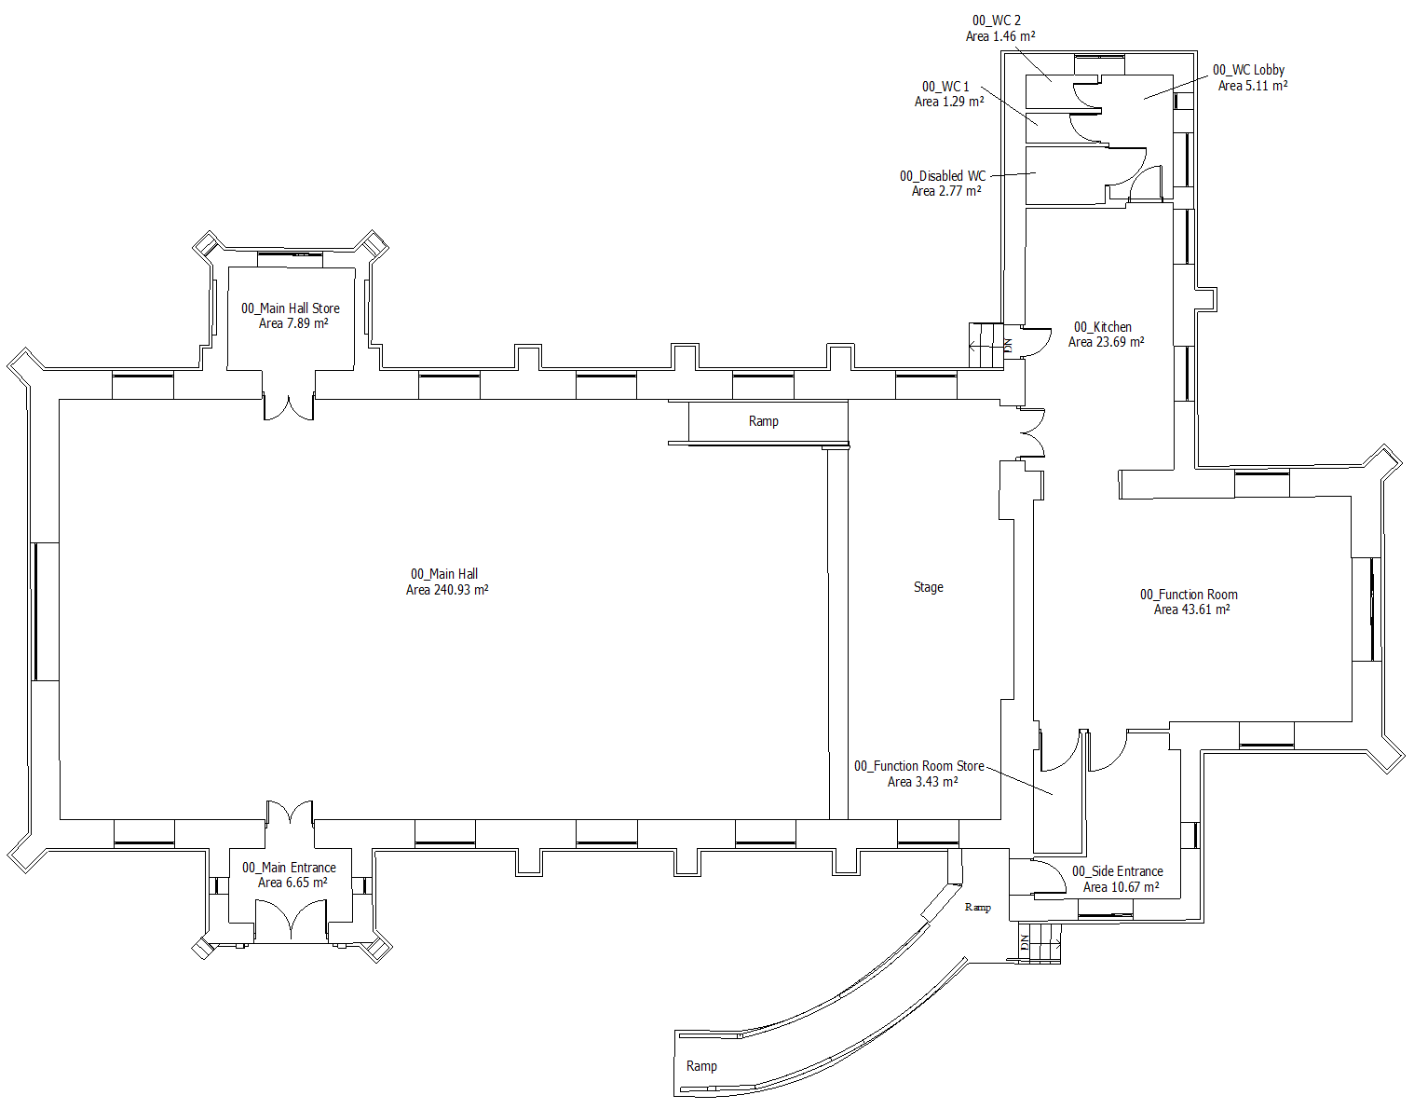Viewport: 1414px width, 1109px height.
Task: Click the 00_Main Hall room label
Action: point(444,574)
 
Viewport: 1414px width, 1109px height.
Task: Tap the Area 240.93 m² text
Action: point(447,590)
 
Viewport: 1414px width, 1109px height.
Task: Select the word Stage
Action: point(928,587)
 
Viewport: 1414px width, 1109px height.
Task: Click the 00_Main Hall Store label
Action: point(291,308)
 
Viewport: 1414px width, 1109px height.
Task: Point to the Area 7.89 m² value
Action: point(293,323)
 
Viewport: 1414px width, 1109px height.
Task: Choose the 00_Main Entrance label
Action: point(289,868)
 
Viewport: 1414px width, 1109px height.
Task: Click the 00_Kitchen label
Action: point(1103,327)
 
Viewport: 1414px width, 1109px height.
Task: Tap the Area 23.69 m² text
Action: point(1106,342)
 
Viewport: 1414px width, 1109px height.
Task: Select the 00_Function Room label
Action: point(1189,595)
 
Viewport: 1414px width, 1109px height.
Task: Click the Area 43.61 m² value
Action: point(1191,609)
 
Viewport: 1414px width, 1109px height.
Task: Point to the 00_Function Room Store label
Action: point(919,766)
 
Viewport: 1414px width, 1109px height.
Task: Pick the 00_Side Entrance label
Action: point(1117,871)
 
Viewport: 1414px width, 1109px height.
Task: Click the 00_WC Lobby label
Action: point(1248,70)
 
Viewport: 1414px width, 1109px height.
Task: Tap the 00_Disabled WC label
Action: point(943,176)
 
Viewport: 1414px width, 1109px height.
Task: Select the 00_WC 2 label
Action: point(997,21)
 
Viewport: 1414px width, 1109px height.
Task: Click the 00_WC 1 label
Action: point(945,87)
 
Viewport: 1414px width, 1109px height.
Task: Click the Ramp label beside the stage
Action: point(763,421)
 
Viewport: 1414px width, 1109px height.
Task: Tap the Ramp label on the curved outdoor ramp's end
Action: point(701,1066)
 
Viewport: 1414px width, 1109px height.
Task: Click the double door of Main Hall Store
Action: point(289,407)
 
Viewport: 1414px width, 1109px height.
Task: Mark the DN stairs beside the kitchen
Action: point(988,345)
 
